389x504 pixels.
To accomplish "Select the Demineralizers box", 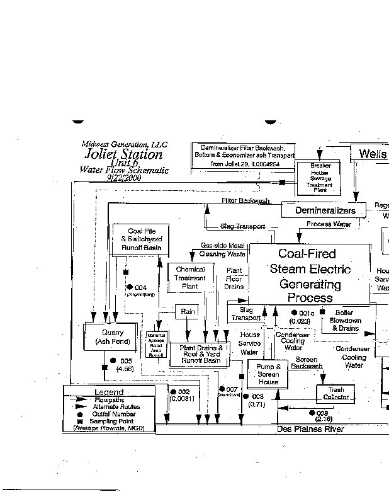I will point(325,210).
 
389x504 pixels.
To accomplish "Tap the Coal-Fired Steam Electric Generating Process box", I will point(309,275).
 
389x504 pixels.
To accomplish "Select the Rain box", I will point(188,311).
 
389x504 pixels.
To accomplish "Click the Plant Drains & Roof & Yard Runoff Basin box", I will point(201,353).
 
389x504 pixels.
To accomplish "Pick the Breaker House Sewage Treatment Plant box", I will point(319,176).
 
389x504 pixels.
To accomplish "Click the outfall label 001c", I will point(306,313).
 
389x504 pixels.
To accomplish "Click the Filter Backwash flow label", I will point(245,200).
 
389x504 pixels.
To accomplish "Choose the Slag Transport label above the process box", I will point(242,226).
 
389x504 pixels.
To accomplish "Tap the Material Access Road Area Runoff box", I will point(155,345).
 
